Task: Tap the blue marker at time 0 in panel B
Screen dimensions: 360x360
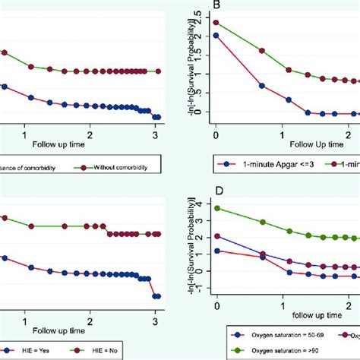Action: pos(216,35)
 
